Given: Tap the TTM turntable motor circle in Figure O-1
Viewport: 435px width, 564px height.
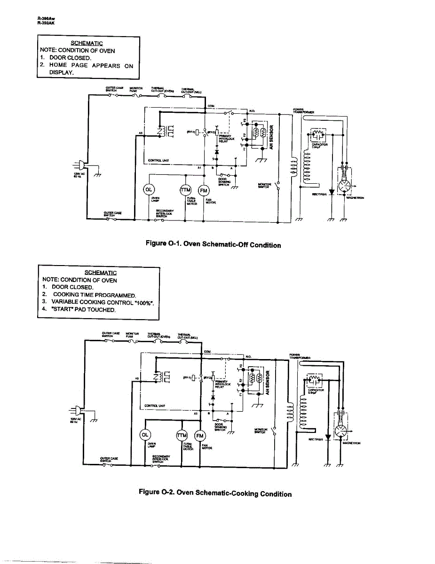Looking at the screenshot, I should [186, 190].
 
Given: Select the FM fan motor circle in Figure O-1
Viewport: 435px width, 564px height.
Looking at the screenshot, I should [203, 190].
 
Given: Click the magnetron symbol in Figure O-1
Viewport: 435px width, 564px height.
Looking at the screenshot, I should [347, 185].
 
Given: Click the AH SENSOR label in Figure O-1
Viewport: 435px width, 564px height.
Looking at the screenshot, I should [271, 135].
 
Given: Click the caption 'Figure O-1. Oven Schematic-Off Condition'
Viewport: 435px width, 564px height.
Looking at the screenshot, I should [213, 244].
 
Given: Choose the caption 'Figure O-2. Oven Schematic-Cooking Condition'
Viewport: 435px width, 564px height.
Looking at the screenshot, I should [215, 493].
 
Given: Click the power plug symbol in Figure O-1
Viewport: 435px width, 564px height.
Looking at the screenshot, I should [80, 165].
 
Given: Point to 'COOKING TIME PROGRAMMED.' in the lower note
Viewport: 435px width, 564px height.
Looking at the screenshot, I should [94, 295].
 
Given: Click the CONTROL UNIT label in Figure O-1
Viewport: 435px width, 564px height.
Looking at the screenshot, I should [158, 160].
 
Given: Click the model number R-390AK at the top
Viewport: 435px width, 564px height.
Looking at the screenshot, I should [46, 22].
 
